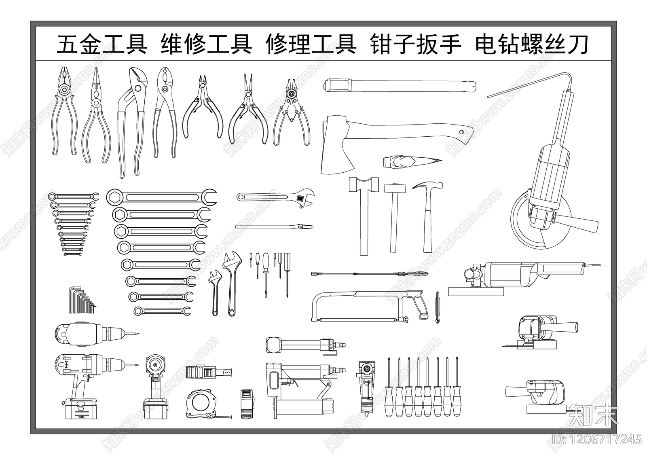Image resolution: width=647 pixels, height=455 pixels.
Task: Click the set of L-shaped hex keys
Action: tap(82, 301)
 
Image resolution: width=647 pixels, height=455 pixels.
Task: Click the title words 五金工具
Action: tap(101, 44)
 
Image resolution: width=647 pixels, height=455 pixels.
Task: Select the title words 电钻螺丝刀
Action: tap(531, 44)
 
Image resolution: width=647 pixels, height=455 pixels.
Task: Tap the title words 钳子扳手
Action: tap(415, 44)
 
